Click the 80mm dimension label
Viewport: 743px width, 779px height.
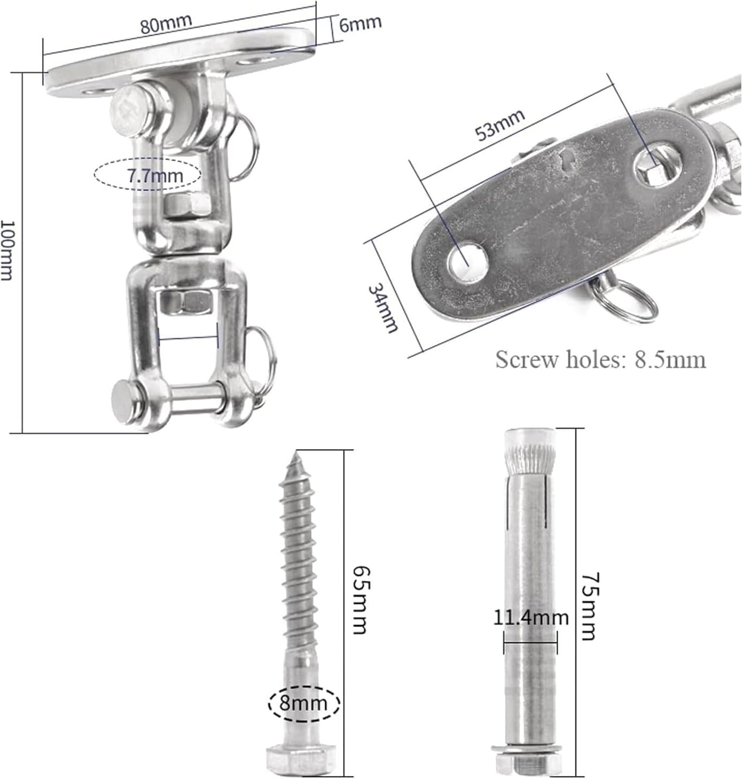(x=166, y=24)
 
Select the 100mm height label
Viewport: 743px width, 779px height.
(x=8, y=250)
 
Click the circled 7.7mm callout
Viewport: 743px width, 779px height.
(x=147, y=174)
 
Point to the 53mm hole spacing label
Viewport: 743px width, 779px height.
(x=500, y=125)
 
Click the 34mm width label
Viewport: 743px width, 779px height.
(x=382, y=307)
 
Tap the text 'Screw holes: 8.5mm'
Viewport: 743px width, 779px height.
(x=601, y=360)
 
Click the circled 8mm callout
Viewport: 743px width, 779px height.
(x=304, y=703)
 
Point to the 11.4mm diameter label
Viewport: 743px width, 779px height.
(x=531, y=617)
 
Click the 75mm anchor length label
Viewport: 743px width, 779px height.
(x=590, y=606)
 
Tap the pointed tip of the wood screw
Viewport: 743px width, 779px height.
(x=295, y=452)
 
